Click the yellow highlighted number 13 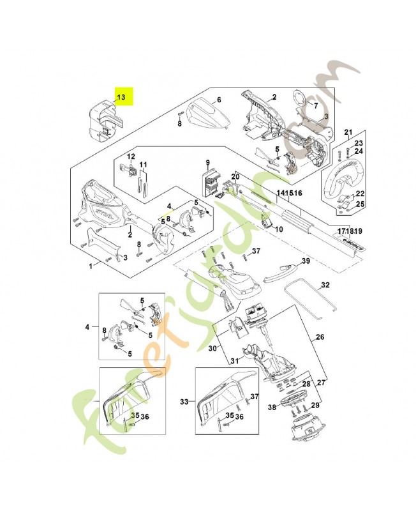pyautogui.click(x=121, y=97)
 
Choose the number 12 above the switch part pyautogui.click(x=131, y=156)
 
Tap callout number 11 pyautogui.click(x=144, y=165)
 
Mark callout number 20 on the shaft pyautogui.click(x=235, y=176)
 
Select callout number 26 pyautogui.click(x=320, y=337)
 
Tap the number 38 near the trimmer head pyautogui.click(x=272, y=406)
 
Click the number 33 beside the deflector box pyautogui.click(x=184, y=402)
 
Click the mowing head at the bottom pyautogui.click(x=308, y=427)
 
